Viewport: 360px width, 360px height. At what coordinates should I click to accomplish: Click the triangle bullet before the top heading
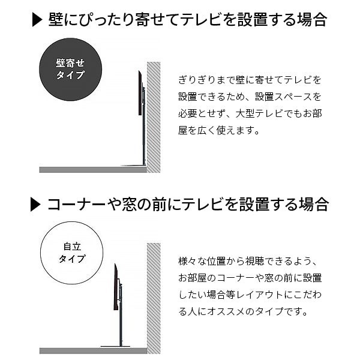(x=37, y=20)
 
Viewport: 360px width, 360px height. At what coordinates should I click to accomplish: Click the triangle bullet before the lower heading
(x=35, y=205)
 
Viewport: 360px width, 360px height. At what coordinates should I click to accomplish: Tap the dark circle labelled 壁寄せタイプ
(x=70, y=70)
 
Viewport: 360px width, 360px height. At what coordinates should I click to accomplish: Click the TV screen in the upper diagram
(x=140, y=93)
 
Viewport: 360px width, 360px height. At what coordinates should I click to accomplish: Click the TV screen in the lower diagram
(x=116, y=287)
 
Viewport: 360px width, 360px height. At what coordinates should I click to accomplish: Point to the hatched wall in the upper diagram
(x=154, y=117)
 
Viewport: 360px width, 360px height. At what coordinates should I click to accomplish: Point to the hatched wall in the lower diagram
(x=154, y=298)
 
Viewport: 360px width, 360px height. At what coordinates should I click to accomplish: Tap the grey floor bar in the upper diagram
(x=93, y=170)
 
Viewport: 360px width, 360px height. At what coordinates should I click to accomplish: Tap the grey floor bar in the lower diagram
(x=93, y=351)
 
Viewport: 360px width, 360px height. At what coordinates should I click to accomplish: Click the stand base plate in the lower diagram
(x=115, y=347)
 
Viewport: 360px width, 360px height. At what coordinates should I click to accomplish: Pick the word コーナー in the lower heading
(x=76, y=205)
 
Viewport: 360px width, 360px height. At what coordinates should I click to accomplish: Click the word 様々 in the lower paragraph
(x=188, y=261)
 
